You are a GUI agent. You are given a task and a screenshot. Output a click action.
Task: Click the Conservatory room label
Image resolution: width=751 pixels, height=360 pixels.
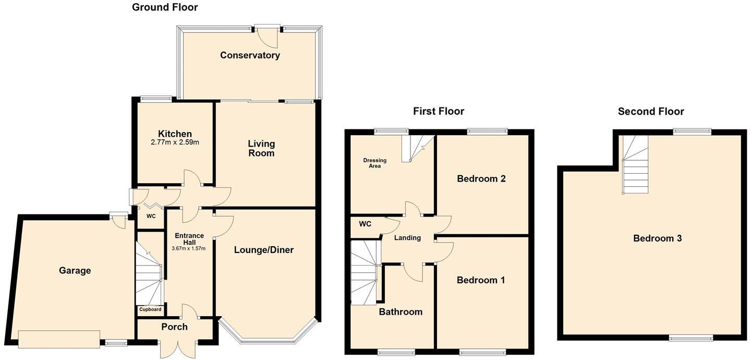coord(250,55)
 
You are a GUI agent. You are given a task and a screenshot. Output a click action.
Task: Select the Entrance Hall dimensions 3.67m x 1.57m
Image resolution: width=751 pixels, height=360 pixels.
coord(188,248)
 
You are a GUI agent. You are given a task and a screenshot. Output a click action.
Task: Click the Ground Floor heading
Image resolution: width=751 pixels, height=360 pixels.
coord(165,7)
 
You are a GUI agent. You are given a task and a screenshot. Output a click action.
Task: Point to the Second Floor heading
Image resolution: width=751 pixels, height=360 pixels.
coord(651,111)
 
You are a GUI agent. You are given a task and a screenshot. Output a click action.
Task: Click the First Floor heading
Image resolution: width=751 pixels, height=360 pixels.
coord(438,111)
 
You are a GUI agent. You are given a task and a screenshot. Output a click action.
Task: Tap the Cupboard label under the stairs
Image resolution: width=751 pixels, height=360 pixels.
coord(150,309)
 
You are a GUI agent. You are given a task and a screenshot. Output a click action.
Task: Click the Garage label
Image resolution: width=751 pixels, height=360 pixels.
coord(75,270)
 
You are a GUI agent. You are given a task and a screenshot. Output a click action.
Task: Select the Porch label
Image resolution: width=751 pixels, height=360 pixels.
coord(174,327)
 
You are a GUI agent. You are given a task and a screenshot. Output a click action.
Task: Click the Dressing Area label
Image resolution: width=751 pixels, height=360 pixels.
coord(372,163)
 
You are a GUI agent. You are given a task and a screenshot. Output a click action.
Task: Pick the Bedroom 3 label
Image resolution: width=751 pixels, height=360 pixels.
coord(657,238)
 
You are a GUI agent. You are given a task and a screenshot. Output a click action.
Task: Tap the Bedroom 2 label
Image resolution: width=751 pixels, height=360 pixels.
coord(481,179)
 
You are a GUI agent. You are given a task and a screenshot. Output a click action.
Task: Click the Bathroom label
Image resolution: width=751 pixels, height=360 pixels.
coord(401,312)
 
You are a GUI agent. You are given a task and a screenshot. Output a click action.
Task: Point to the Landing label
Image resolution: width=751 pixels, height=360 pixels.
coord(407,238)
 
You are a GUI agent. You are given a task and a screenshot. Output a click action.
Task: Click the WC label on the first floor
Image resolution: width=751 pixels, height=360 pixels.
coord(365,224)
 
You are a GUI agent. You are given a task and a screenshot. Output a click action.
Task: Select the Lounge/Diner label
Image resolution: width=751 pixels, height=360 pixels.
coord(264,250)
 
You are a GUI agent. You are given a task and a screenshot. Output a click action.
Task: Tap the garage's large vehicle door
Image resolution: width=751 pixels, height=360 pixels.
coord(59,339)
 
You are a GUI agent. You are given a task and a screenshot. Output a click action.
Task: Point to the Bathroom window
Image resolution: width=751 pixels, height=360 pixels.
coord(396,352)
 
